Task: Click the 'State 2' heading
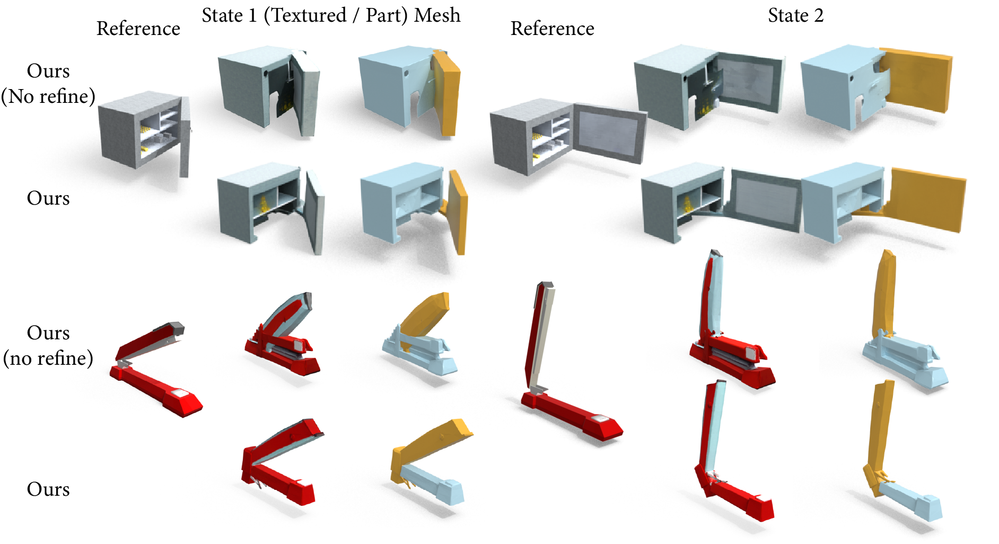(795, 15)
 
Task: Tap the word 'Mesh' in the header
(437, 15)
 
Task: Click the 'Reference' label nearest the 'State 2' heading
(552, 29)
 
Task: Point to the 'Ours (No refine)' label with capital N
(48, 83)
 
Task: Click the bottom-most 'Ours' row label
(48, 489)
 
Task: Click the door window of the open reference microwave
(609, 133)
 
